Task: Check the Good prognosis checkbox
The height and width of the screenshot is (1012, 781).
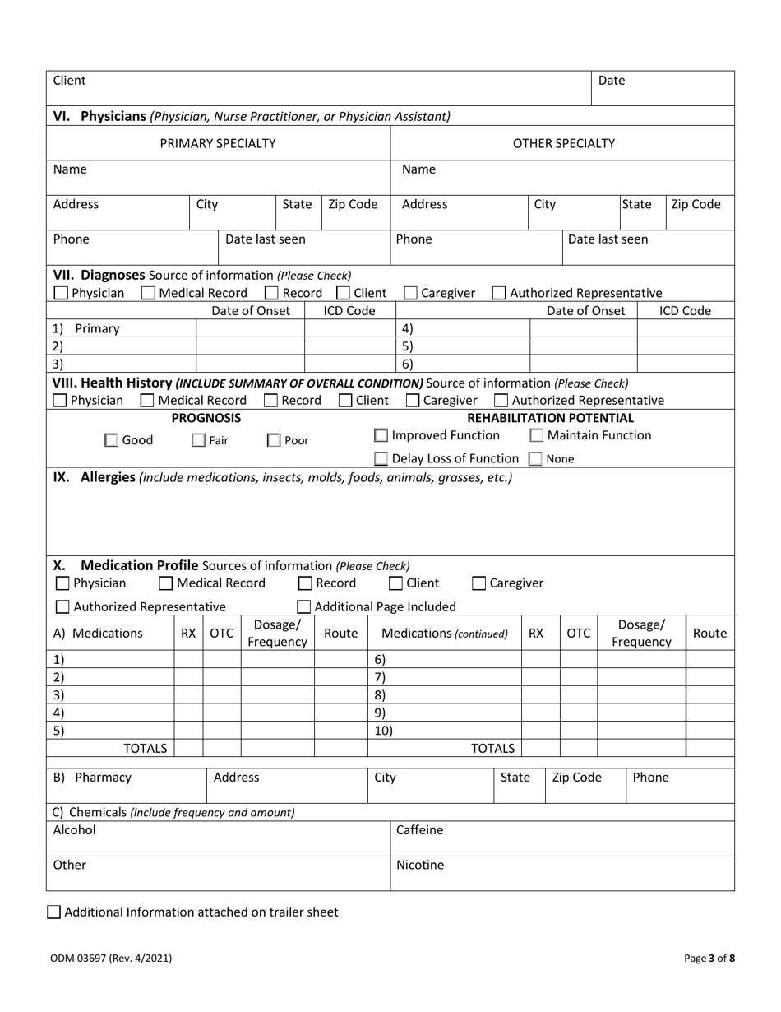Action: click(x=112, y=441)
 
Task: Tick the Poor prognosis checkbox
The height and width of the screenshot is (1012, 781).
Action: click(x=274, y=441)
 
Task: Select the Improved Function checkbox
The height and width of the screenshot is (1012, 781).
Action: click(x=381, y=435)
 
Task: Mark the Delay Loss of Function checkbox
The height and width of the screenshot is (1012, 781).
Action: click(x=381, y=459)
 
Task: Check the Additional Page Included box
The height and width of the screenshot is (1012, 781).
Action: click(x=303, y=607)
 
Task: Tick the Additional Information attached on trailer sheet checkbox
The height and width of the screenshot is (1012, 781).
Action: click(x=54, y=912)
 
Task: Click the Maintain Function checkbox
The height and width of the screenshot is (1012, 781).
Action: click(x=536, y=435)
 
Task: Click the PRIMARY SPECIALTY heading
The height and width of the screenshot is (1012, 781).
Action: click(x=218, y=143)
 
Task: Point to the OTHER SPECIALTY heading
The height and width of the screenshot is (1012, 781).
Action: click(x=563, y=143)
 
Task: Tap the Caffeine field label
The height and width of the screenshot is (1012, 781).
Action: click(x=419, y=830)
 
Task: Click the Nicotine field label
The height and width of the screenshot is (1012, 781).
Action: click(x=419, y=865)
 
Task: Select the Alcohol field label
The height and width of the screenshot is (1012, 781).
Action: click(x=74, y=830)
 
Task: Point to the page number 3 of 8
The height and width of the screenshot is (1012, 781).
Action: click(x=709, y=958)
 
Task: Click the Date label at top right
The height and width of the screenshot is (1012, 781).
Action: click(x=611, y=81)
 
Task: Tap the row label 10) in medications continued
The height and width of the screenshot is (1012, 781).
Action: click(x=383, y=731)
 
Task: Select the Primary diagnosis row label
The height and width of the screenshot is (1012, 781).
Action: click(x=96, y=328)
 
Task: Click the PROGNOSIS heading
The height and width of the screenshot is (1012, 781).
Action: click(x=206, y=418)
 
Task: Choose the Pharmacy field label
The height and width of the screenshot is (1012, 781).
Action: click(x=103, y=778)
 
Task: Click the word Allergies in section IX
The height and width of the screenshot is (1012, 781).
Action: click(x=108, y=477)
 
